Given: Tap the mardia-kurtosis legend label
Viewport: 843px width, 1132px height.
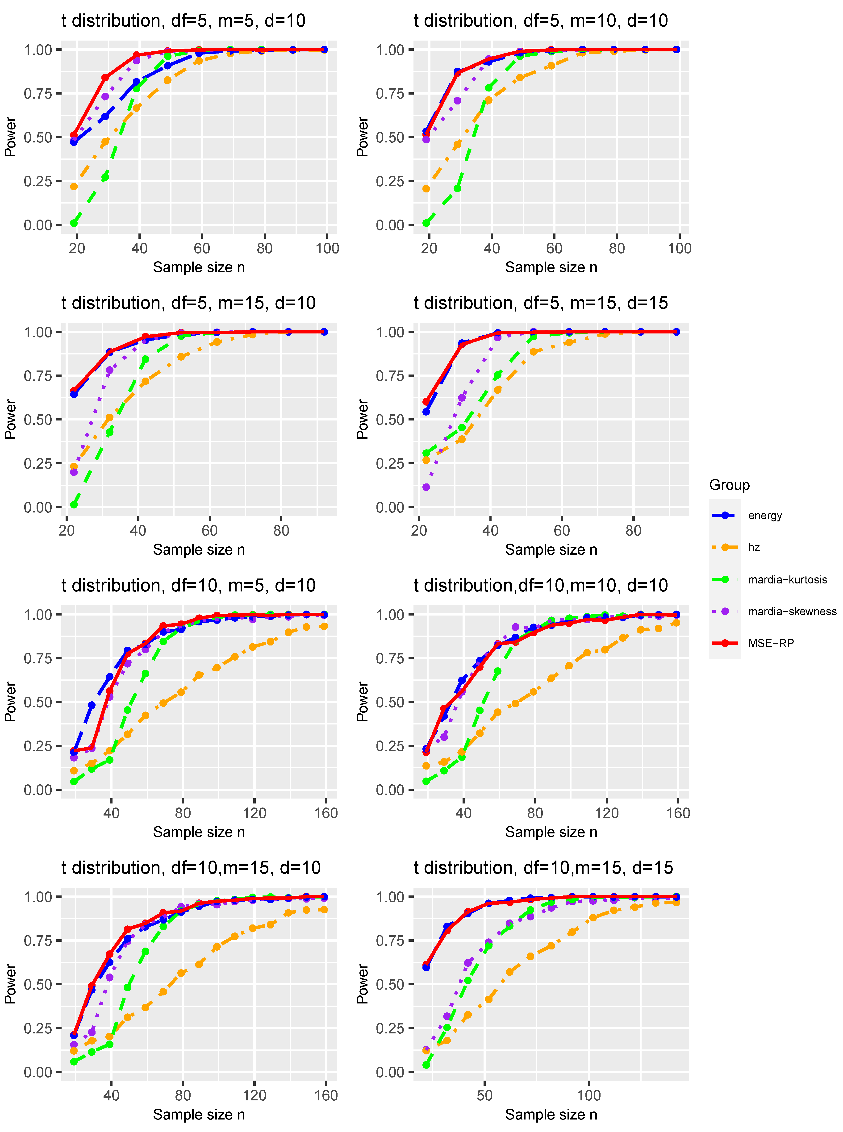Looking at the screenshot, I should (787, 579).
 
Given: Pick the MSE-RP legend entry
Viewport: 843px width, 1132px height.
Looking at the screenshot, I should (771, 643).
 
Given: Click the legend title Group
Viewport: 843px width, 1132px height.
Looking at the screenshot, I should (729, 485).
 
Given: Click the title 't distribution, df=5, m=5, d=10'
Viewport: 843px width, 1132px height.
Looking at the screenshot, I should (183, 21).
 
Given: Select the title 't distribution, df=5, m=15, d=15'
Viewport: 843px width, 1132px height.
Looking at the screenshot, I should (540, 303).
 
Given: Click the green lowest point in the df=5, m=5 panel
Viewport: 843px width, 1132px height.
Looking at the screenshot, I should (74, 223).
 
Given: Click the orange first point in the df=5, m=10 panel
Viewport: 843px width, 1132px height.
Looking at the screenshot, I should (426, 189).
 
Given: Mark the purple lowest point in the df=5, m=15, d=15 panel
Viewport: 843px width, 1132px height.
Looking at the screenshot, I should (426, 487).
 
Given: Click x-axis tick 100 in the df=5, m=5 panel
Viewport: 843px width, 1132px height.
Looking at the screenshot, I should (327, 248).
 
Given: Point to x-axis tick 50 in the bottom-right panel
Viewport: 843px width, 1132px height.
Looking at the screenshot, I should (484, 1095).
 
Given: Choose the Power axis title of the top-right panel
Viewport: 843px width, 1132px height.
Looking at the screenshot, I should (362, 137).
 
